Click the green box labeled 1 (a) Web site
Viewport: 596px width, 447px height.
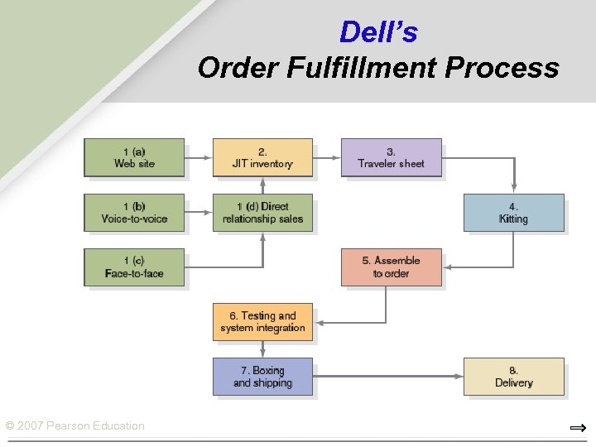pyautogui.click(x=134, y=157)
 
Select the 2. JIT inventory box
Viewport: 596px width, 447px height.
pyautogui.click(x=262, y=157)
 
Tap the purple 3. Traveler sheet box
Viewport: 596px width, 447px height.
pyautogui.click(x=391, y=157)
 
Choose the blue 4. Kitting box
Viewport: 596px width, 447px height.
pyautogui.click(x=513, y=213)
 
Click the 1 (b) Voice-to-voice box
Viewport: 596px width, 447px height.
pyautogui.click(x=134, y=213)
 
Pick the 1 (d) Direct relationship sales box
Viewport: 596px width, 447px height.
pyautogui.click(x=262, y=213)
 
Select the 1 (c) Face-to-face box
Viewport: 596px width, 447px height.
pyautogui.click(x=134, y=267)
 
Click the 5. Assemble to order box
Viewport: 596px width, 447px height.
pyautogui.click(x=391, y=267)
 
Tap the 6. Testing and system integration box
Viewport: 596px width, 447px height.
pyautogui.click(x=262, y=322)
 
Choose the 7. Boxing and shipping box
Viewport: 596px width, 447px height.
pyautogui.click(x=262, y=377)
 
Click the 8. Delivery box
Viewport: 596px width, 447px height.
pyautogui.click(x=513, y=377)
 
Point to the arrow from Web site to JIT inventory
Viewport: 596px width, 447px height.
pyautogui.click(x=199, y=157)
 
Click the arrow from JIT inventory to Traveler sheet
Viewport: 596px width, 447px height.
pyautogui.click(x=327, y=157)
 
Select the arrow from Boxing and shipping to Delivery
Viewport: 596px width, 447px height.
pyautogui.click(x=387, y=377)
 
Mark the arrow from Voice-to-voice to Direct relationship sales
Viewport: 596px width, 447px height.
pyautogui.click(x=199, y=213)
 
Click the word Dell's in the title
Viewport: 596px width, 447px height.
pyautogui.click(x=378, y=32)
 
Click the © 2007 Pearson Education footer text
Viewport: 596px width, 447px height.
pyautogui.click(x=75, y=425)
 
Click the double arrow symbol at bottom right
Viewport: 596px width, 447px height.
pyautogui.click(x=578, y=428)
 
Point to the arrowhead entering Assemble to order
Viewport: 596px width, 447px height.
pyautogui.click(x=448, y=267)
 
